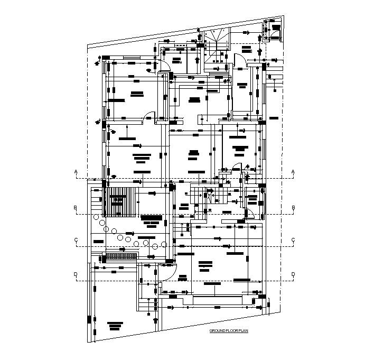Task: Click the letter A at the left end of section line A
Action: [x=76, y=171]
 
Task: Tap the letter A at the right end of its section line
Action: [x=293, y=171]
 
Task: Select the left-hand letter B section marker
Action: [x=76, y=207]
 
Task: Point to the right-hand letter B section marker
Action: [x=293, y=207]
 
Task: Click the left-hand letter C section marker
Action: [x=76, y=240]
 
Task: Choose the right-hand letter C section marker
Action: [x=293, y=240]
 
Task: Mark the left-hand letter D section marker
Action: [x=76, y=274]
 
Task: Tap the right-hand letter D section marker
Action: [x=293, y=274]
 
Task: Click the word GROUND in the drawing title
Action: [x=218, y=331]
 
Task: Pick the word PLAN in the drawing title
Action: [x=243, y=331]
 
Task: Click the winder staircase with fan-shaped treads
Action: [x=217, y=40]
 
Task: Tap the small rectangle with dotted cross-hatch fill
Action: [x=121, y=256]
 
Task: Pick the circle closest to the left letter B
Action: [x=96, y=217]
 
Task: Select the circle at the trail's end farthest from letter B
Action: [x=164, y=244]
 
